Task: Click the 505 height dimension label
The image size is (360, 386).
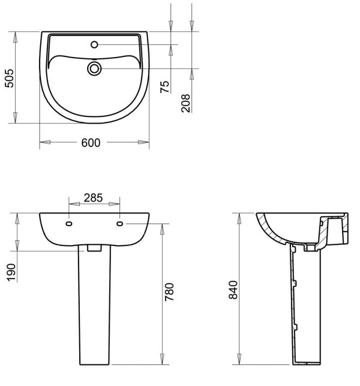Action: coord(10,78)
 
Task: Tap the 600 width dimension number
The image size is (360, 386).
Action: coord(91,143)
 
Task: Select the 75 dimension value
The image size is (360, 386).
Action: coord(165,86)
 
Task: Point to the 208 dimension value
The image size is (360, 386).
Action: coord(186,103)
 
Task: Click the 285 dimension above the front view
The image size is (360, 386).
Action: coord(93,198)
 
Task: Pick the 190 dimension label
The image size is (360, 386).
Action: coord(11,273)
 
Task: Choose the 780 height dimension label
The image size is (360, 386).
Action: coord(169,292)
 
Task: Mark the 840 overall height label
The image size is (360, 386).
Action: coord(233,290)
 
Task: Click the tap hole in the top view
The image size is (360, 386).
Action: coord(94,44)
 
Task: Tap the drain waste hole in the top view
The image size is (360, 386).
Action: coord(94,68)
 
